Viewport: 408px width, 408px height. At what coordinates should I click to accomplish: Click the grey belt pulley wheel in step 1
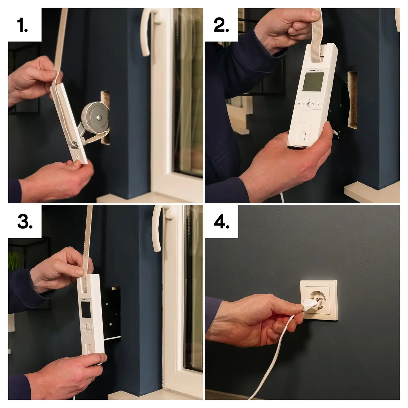tap(96, 117)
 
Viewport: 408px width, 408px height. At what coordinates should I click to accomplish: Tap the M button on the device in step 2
tap(304, 104)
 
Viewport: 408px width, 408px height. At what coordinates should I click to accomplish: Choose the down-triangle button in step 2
tap(319, 104)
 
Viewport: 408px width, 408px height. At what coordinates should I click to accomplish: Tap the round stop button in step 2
tap(309, 104)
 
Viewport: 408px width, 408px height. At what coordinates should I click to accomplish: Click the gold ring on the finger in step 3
tap(91, 380)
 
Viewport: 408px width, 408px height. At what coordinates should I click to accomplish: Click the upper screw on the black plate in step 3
tap(107, 304)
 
